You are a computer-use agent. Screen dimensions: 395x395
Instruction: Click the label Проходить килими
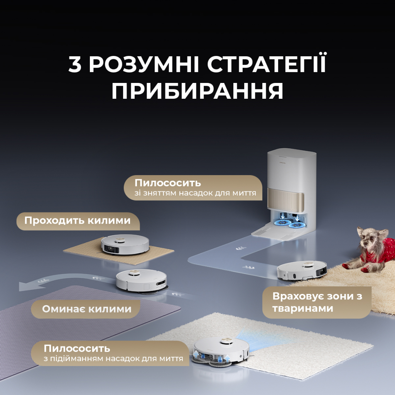click(78, 221)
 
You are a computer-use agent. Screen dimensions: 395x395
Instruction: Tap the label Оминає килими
click(87, 309)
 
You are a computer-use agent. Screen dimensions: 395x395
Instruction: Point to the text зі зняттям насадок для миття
click(196, 193)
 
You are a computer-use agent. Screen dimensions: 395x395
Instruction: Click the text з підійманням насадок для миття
click(113, 359)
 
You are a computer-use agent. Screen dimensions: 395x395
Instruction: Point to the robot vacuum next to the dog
click(302, 270)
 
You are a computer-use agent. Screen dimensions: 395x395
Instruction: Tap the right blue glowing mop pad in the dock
click(297, 225)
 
